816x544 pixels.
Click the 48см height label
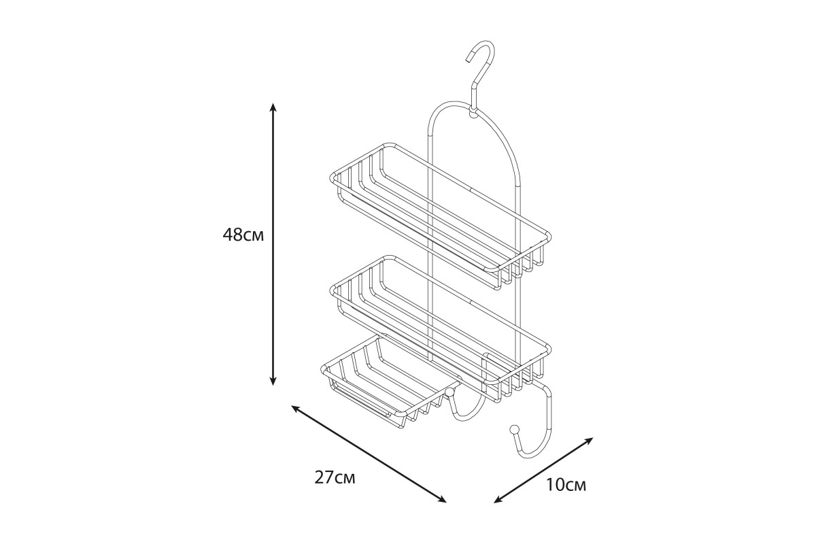pos(243,235)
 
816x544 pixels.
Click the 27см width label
pos(335,477)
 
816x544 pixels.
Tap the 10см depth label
pos(566,485)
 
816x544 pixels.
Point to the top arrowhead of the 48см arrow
pos(273,107)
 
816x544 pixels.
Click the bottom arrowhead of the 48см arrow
pos(273,381)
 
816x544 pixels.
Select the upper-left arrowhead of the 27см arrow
pos(296,409)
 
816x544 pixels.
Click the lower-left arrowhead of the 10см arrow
pos(498,500)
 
